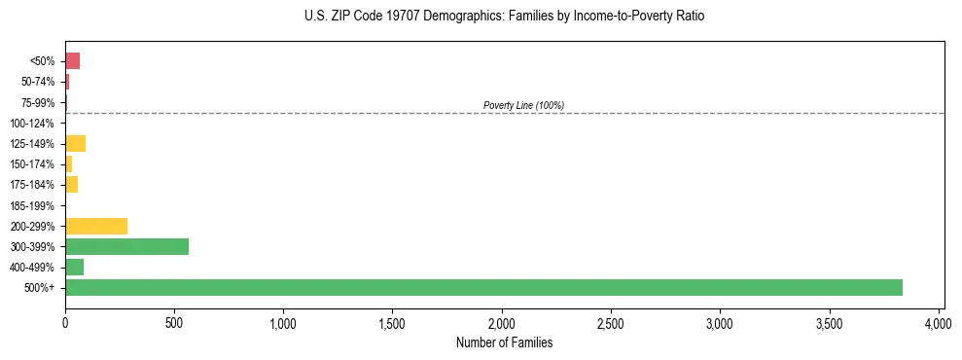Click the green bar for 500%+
(x=483, y=287)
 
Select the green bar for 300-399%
(x=126, y=246)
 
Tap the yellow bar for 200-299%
(x=96, y=226)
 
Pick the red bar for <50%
(x=72, y=61)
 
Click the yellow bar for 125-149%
(x=75, y=144)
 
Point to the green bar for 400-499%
(x=74, y=267)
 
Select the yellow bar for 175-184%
(x=71, y=185)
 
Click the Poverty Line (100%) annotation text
(x=523, y=105)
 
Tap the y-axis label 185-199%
(x=32, y=205)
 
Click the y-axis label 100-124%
(x=32, y=124)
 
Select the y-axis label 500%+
(x=40, y=288)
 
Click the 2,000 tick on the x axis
(x=502, y=322)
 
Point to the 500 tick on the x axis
(x=174, y=322)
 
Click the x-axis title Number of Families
(x=504, y=342)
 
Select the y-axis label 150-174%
(x=32, y=164)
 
